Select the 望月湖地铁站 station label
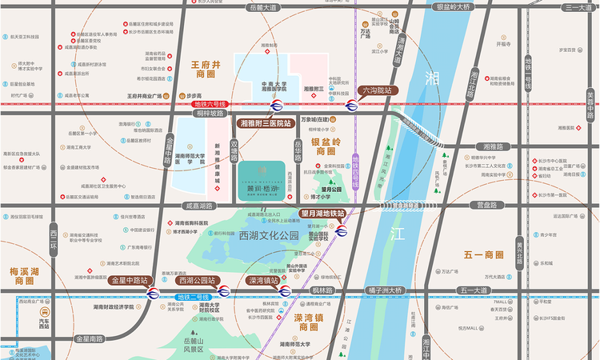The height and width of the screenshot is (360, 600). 322,214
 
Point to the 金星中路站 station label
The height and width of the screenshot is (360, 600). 130,281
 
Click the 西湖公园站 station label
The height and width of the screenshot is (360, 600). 197,281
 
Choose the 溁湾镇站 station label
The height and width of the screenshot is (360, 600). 263,281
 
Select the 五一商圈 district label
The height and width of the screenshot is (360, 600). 483,255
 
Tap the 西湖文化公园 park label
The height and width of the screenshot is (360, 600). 268,235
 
